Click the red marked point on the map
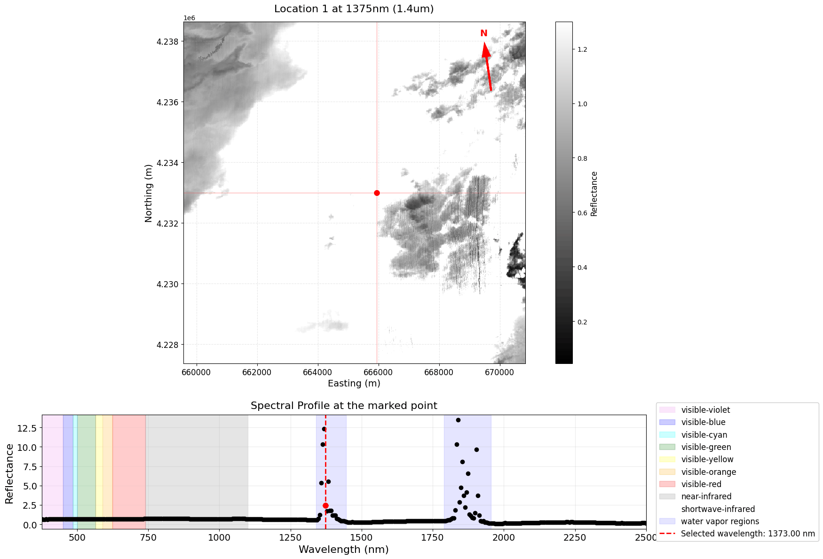point(377,193)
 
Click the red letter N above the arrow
point(483,33)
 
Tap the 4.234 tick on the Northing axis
point(167,163)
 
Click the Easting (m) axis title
point(354,383)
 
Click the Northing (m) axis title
point(149,193)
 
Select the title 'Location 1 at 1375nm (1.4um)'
point(354,9)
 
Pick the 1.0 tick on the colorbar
point(582,104)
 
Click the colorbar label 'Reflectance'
point(594,194)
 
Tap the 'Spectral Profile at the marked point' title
point(344,406)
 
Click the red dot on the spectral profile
point(325,505)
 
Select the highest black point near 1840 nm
point(458,420)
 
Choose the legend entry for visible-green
point(706,447)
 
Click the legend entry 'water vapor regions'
point(720,521)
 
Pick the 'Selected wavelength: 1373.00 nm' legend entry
point(747,534)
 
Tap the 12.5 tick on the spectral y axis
point(27,428)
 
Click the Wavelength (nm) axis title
point(344,549)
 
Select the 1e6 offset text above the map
point(189,18)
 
